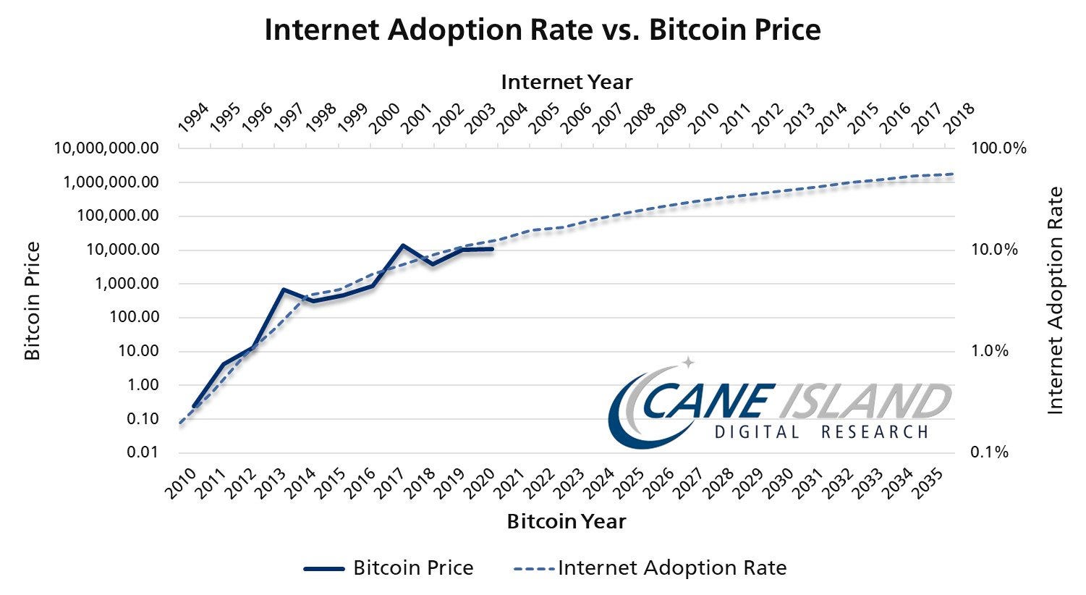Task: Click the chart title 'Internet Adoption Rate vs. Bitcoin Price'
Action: pos(543,30)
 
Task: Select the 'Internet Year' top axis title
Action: pos(567,82)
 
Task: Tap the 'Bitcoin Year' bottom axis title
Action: pos(567,521)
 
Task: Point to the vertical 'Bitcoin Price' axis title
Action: pos(33,300)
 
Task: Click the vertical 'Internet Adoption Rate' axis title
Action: pos(1056,300)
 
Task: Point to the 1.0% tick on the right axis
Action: pos(998,351)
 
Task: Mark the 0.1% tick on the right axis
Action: pos(998,452)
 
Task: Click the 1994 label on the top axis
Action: pos(193,117)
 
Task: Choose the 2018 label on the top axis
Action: pos(960,117)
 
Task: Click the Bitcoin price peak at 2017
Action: pos(402,245)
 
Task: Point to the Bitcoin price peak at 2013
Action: pos(284,290)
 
